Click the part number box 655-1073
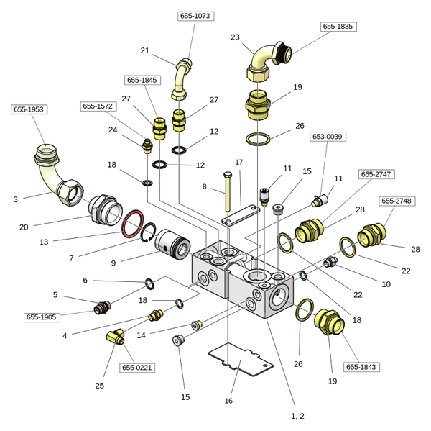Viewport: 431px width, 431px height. pyautogui.click(x=195, y=16)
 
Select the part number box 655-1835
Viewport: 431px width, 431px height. pyautogui.click(x=338, y=27)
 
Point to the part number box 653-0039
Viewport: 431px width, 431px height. pyautogui.click(x=327, y=137)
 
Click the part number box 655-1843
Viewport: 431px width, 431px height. pyautogui.click(x=361, y=367)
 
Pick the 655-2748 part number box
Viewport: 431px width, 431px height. pyautogui.click(x=397, y=201)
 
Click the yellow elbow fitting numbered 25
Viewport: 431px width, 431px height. pyautogui.click(x=115, y=336)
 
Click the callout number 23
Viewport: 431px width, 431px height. pyautogui.click(x=235, y=37)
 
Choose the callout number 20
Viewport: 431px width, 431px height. pyautogui.click(x=24, y=227)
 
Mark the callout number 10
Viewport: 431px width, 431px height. pyautogui.click(x=386, y=284)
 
